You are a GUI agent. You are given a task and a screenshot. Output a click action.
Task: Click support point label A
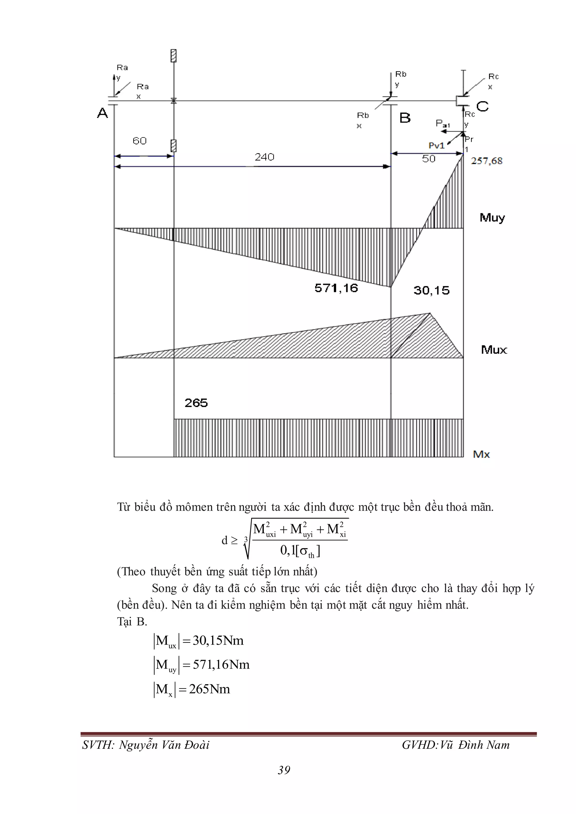pyautogui.click(x=102, y=113)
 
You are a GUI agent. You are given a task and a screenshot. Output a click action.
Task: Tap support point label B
pyautogui.click(x=405, y=118)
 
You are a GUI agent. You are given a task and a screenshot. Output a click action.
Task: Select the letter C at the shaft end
pyautogui.click(x=482, y=106)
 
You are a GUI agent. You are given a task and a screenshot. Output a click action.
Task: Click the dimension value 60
pyautogui.click(x=139, y=141)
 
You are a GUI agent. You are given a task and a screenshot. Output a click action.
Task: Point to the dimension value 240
pyautogui.click(x=264, y=157)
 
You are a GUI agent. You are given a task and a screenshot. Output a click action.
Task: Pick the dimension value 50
pyautogui.click(x=428, y=159)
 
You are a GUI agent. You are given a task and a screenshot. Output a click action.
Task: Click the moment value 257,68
pyautogui.click(x=486, y=161)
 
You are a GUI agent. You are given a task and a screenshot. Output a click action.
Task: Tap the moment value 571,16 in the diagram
pyautogui.click(x=336, y=288)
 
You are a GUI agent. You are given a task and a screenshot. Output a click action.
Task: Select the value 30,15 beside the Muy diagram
pyautogui.click(x=431, y=291)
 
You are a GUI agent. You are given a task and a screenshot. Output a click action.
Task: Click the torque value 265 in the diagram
pyautogui.click(x=196, y=403)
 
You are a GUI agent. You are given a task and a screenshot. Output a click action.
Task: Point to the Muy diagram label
pyautogui.click(x=492, y=218)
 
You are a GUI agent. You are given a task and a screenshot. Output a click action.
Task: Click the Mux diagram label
pyautogui.click(x=494, y=350)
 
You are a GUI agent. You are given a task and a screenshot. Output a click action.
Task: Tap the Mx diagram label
pyautogui.click(x=481, y=455)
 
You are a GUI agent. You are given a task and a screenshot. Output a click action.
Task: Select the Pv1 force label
pyautogui.click(x=436, y=146)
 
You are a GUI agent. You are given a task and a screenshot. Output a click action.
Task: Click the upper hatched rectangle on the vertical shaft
pyautogui.click(x=174, y=56)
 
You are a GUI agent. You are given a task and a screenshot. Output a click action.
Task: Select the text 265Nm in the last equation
pyautogui.click(x=209, y=689)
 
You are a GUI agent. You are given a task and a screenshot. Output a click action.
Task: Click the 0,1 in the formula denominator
pyautogui.click(x=287, y=550)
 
